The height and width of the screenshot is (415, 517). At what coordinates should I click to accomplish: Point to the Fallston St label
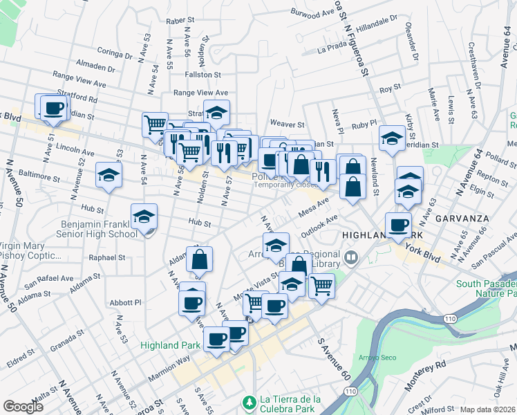coord(203,74)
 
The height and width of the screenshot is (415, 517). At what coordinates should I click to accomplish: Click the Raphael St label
coord(106,257)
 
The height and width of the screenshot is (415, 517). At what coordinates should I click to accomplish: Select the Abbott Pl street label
coord(125,302)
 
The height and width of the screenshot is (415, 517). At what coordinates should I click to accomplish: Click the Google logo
coord(24,406)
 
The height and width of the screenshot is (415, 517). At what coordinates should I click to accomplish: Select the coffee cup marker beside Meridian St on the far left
coord(53,108)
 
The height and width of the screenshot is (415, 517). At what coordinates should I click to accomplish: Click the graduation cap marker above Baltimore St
coord(109,175)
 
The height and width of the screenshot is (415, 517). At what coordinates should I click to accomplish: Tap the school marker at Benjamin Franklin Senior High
coord(144,218)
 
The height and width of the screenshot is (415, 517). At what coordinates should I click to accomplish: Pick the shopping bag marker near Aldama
coord(198,259)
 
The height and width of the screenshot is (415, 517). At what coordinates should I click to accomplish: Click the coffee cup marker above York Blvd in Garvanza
coord(398,224)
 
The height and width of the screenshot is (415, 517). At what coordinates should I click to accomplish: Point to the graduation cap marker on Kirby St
coord(391,138)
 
